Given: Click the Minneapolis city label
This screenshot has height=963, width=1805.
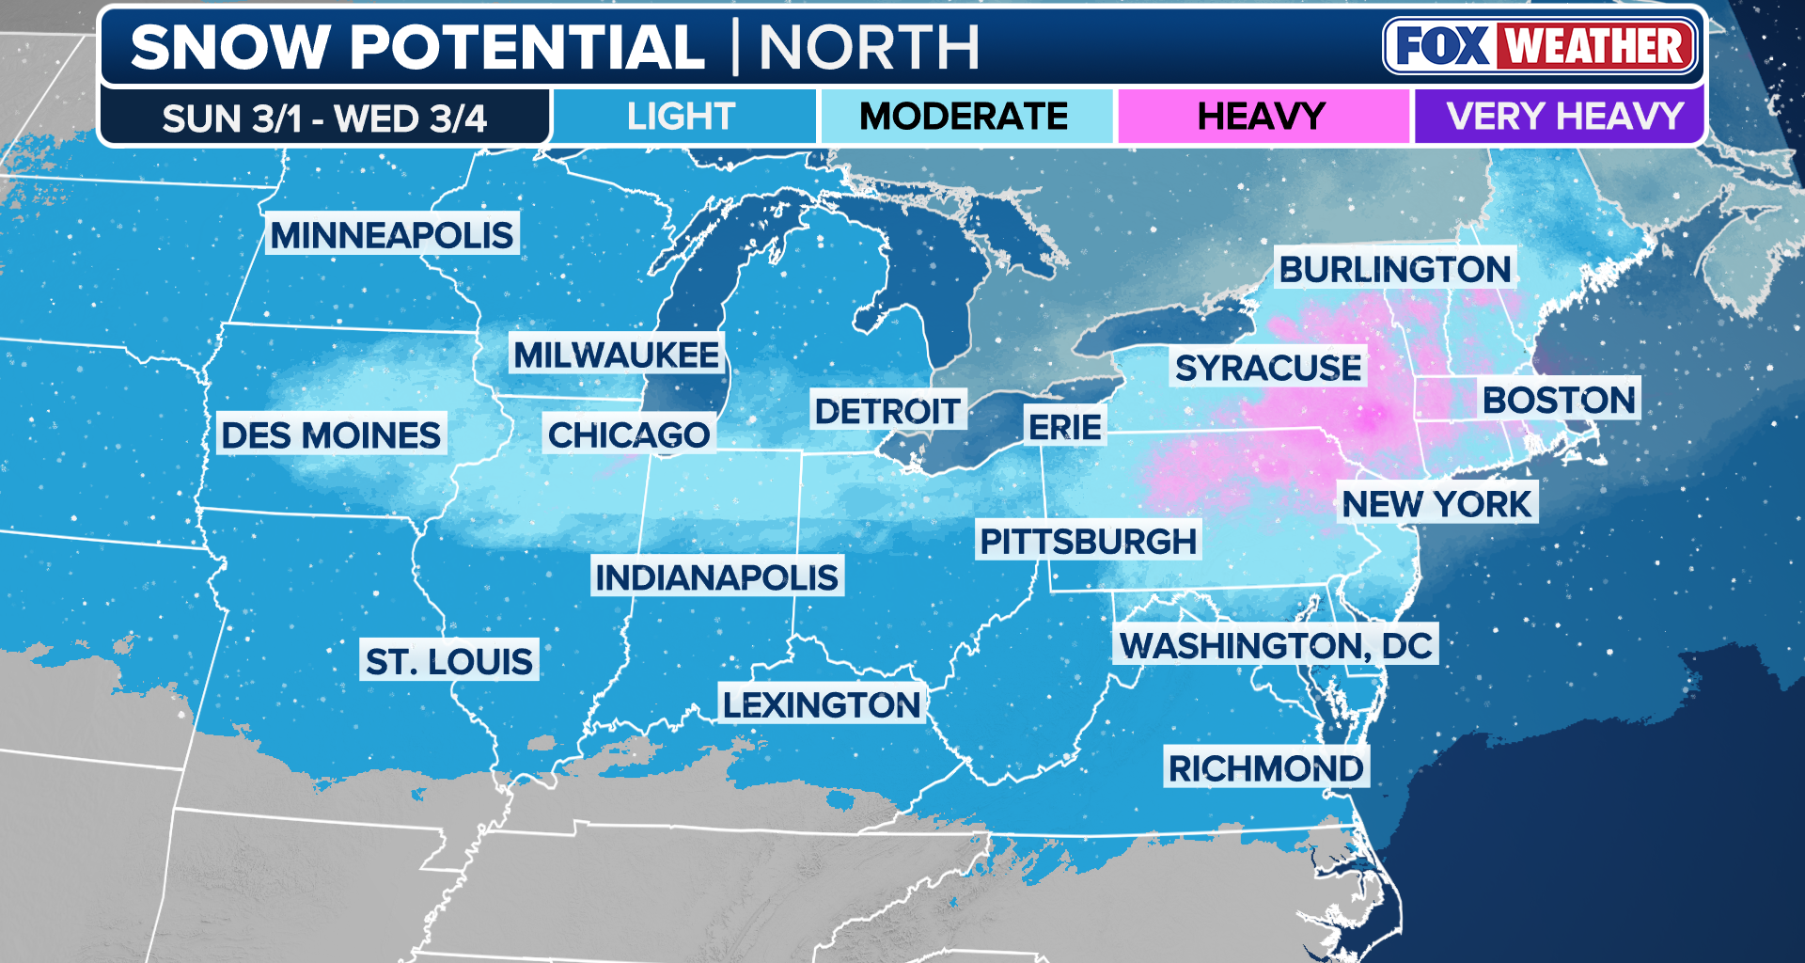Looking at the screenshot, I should tap(392, 234).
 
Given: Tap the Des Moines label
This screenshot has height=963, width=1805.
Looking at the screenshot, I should tap(330, 434).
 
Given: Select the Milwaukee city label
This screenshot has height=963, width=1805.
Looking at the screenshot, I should tap(616, 355).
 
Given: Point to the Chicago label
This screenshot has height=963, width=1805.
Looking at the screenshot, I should tap(628, 434).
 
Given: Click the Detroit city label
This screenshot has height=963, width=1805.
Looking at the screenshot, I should tap(887, 411).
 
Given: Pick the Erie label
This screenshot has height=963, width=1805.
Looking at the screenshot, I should tap(1064, 427).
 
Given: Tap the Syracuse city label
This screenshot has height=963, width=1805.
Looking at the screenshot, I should tap(1267, 368).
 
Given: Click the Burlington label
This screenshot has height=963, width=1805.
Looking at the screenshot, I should tap(1394, 270).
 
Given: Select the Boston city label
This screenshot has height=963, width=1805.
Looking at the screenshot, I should tap(1558, 400).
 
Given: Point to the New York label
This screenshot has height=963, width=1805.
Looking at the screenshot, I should tap(1436, 504).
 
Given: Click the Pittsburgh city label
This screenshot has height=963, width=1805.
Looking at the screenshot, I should tap(1088, 541).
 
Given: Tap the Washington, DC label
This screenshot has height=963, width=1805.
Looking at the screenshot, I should tap(1275, 645).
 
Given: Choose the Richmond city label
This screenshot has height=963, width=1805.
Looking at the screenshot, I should tap(1265, 768).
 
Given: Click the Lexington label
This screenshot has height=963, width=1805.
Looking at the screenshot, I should tap(821, 704).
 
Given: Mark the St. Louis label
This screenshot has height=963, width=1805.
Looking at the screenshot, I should tap(448, 661).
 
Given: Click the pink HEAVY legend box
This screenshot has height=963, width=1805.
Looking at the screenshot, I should tap(1262, 117).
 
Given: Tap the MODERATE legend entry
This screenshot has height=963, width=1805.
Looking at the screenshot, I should tap(964, 117).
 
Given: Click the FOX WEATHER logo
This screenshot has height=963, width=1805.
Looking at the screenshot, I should tap(1539, 46).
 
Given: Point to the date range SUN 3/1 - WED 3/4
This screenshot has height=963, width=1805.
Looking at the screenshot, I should tap(324, 118).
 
